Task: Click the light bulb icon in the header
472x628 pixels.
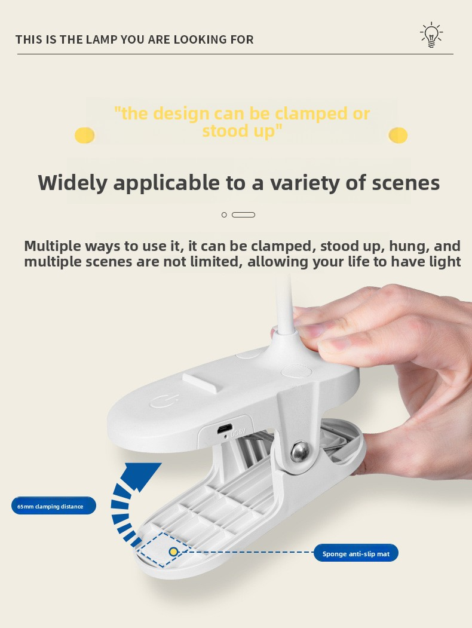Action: (x=431, y=35)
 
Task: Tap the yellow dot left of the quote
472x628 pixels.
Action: (x=84, y=136)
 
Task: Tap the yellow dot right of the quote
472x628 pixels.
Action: (x=398, y=136)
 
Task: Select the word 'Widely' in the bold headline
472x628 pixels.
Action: (x=72, y=183)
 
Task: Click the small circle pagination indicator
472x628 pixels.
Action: (x=224, y=215)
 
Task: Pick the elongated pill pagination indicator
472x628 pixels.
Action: (x=243, y=215)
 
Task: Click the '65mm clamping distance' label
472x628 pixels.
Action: (x=54, y=506)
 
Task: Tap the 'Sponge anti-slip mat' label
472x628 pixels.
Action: (x=356, y=553)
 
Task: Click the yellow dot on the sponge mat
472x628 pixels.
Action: (x=173, y=552)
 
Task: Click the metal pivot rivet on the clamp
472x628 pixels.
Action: (x=299, y=451)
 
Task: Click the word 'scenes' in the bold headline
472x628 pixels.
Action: (x=406, y=183)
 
